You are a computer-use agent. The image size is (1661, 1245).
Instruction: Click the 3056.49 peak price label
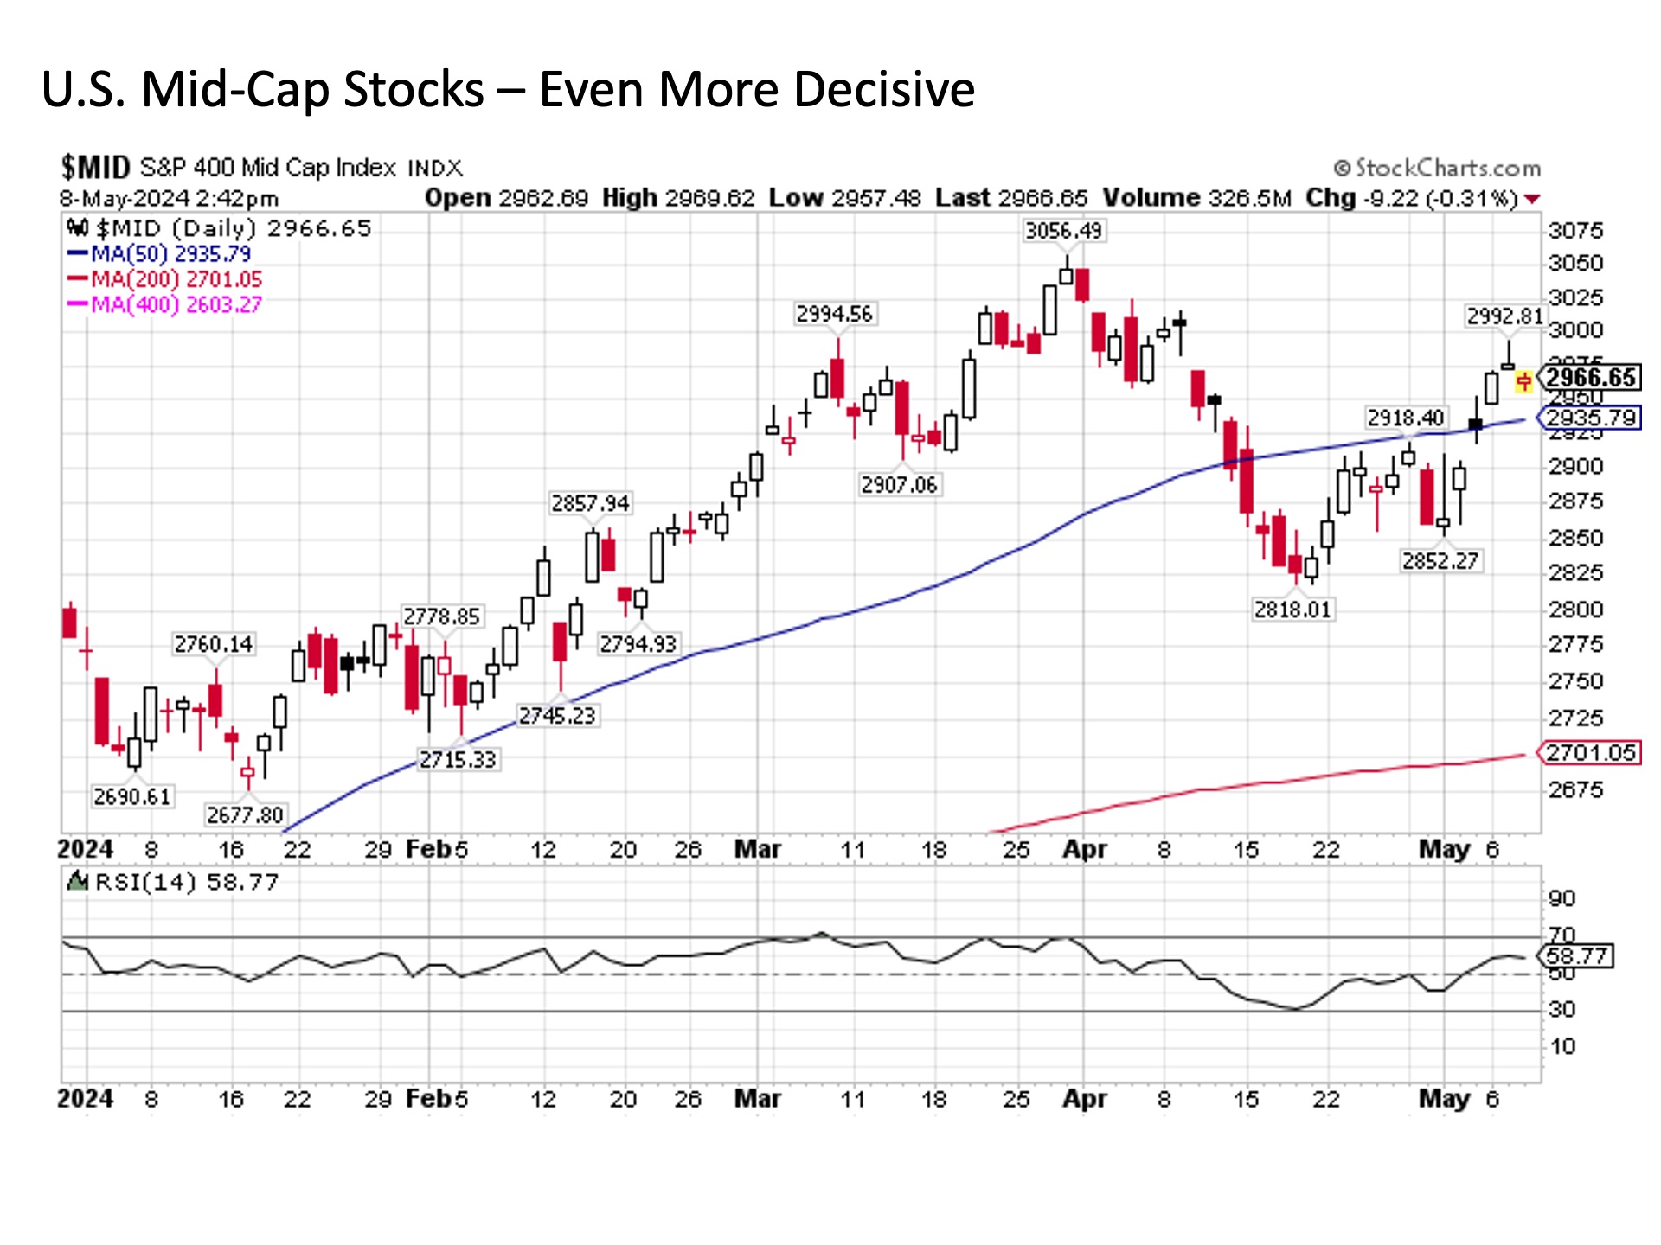[1063, 231]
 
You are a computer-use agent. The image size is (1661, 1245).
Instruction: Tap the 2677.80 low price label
[244, 814]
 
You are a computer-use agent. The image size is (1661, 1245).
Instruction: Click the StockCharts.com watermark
[1438, 168]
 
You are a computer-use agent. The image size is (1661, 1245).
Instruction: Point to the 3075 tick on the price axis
[1575, 231]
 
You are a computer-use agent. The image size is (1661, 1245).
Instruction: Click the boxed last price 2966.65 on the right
[1590, 378]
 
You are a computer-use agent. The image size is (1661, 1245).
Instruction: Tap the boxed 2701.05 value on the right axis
[1591, 753]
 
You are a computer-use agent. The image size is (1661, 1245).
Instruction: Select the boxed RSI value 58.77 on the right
[1576, 956]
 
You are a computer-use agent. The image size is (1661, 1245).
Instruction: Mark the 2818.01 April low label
[1292, 610]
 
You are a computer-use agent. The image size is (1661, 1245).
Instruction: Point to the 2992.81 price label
[1504, 316]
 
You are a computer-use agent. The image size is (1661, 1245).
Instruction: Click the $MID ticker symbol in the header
[95, 167]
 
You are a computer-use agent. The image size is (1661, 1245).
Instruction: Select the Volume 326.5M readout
[1196, 198]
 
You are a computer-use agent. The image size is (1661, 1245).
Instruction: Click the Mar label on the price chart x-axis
[758, 849]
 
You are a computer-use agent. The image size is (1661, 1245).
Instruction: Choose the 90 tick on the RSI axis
[1562, 898]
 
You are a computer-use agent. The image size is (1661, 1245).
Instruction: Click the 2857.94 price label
[590, 503]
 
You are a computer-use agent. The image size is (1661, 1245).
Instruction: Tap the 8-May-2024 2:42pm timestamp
[170, 199]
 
